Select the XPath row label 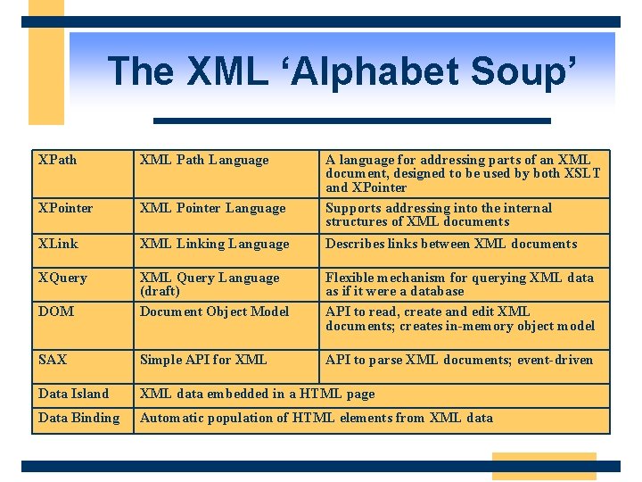[x=58, y=160]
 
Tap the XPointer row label [x=65, y=208]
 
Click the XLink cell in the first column [x=58, y=244]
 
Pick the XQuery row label [x=62, y=278]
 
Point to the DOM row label [x=56, y=312]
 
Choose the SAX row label [x=53, y=360]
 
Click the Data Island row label [x=73, y=394]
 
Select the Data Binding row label [x=78, y=418]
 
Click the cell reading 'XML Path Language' [x=204, y=160]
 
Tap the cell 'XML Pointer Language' [x=212, y=208]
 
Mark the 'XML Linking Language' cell [x=214, y=244]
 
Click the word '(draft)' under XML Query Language [x=160, y=291]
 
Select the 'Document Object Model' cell [x=214, y=312]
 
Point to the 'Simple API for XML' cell [x=203, y=360]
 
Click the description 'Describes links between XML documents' [x=451, y=244]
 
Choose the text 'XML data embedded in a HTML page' [x=258, y=394]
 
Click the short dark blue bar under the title [x=352, y=120]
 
